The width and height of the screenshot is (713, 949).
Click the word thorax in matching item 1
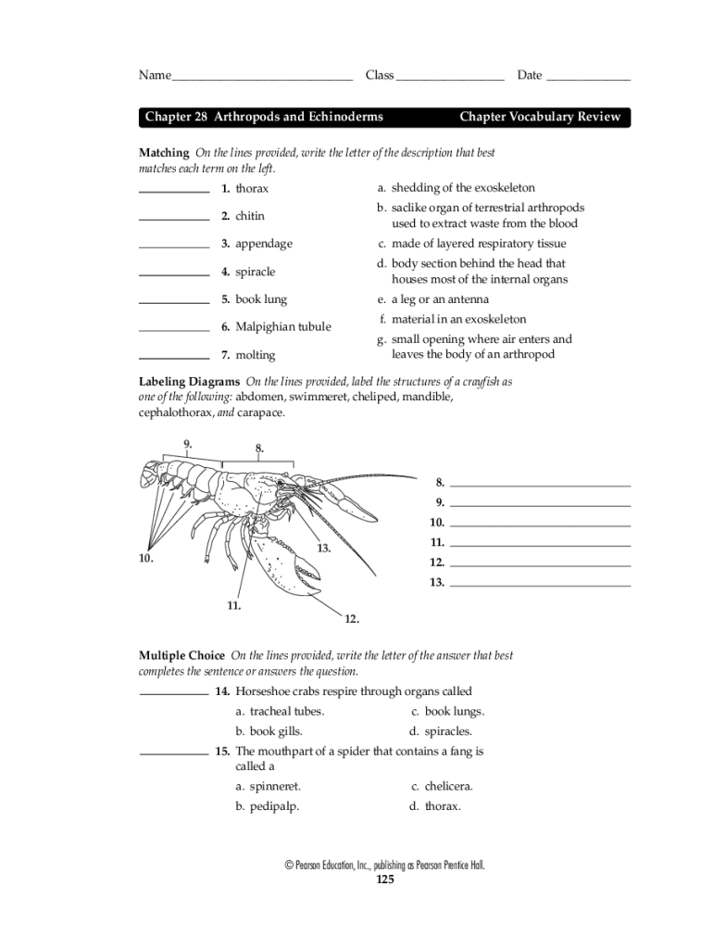[252, 188]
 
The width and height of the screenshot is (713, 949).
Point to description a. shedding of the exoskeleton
[456, 188]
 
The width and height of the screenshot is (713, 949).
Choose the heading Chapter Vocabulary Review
[539, 117]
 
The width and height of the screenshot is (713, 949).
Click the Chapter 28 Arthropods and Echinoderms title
[264, 117]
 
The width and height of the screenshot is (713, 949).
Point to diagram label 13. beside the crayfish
[324, 548]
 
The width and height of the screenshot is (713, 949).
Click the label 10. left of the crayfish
[145, 559]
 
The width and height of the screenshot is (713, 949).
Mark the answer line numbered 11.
[540, 546]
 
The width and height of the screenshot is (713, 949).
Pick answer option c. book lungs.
[448, 712]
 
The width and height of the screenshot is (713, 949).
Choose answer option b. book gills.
[269, 731]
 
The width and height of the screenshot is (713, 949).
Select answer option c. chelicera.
[443, 786]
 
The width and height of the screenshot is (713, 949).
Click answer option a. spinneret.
[269, 786]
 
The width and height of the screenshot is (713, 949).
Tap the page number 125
[385, 879]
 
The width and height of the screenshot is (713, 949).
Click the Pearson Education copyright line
[384, 865]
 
